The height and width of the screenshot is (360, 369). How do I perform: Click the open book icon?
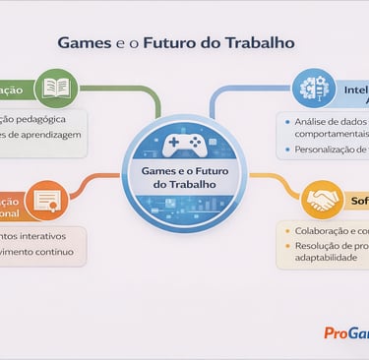55,88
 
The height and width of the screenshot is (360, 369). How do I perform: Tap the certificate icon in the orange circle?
46,201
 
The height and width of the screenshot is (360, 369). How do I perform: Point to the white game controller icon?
184,145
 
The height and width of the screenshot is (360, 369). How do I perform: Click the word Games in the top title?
84,44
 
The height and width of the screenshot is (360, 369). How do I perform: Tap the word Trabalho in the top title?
257,44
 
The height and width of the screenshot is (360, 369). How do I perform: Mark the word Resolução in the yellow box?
319,246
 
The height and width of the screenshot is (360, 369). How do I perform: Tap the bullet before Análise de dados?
286,121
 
